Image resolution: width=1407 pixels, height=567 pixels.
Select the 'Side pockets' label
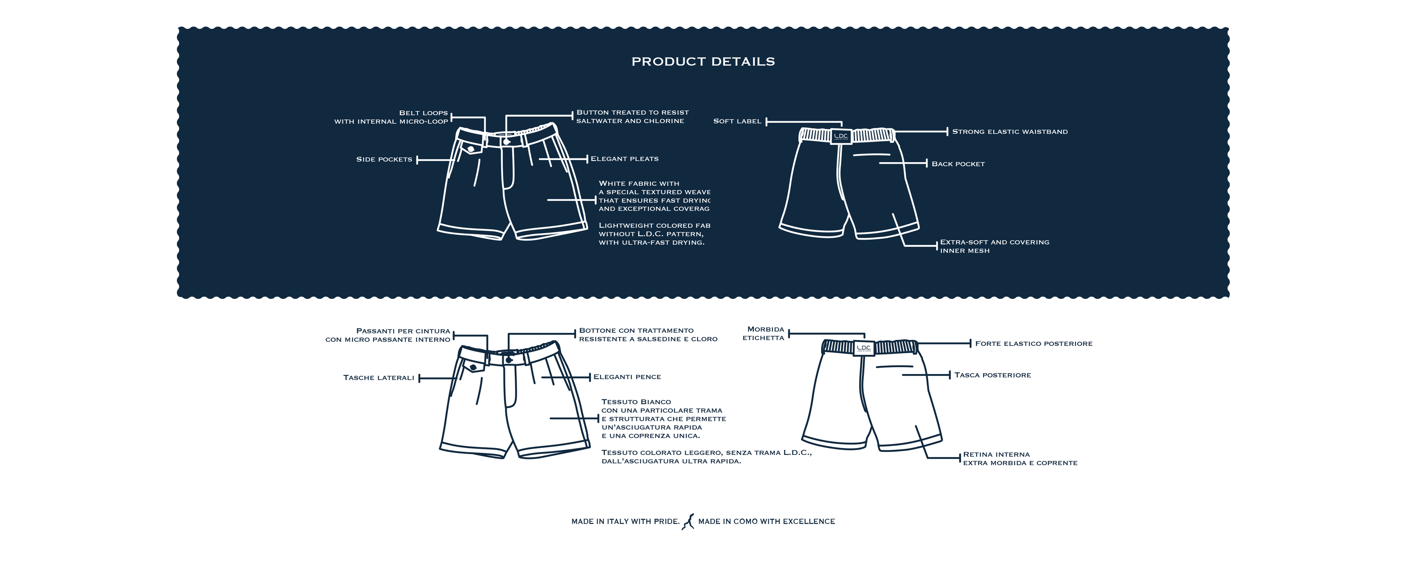(384, 159)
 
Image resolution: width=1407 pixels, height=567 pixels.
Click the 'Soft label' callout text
(737, 121)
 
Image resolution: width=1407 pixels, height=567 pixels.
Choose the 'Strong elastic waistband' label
(1009, 131)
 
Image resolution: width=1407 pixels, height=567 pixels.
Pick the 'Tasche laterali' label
(378, 378)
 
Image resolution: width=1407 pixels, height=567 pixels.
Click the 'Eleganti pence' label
(627, 377)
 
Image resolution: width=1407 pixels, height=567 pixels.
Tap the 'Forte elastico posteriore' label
(1033, 344)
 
